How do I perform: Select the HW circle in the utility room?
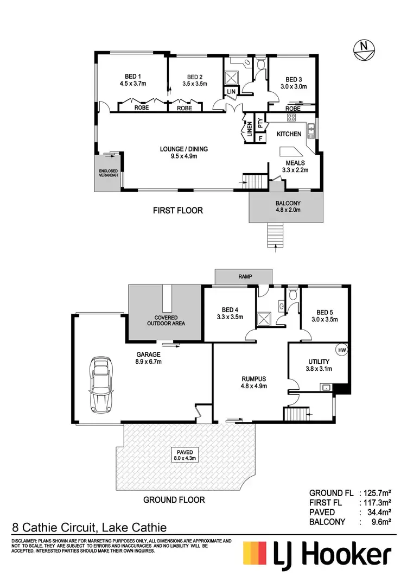tap(341, 351)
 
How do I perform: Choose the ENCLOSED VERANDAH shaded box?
tap(108, 172)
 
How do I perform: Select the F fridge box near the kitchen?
tap(260, 138)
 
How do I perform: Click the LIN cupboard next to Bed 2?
tap(231, 92)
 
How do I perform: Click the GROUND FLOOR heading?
tap(174, 499)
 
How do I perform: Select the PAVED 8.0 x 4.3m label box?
tap(185, 455)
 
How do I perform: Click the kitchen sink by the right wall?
tap(311, 130)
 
